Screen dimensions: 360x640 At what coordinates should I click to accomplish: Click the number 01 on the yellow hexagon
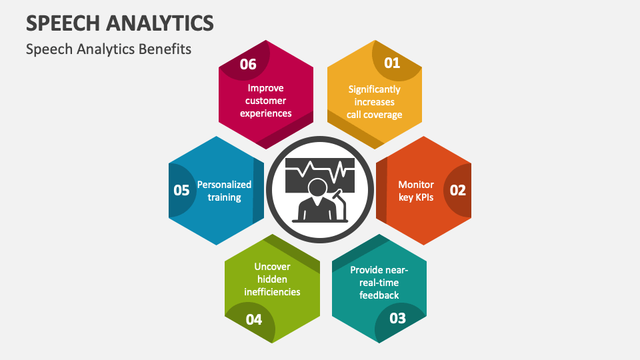(x=391, y=63)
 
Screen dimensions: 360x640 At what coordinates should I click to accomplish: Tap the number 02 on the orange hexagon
(x=458, y=190)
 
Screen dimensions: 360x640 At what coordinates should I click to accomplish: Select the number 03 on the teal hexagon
(x=397, y=317)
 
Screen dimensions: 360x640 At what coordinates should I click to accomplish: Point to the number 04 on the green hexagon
(x=254, y=319)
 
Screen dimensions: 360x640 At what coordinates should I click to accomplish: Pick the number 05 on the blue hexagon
(x=181, y=190)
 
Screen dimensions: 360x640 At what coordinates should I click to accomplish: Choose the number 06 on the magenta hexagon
(x=248, y=64)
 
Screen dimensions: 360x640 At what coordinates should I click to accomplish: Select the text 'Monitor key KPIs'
(x=416, y=191)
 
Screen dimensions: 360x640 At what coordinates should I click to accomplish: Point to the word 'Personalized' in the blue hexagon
(x=224, y=185)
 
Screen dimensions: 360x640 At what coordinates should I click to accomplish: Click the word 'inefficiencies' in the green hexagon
(x=271, y=292)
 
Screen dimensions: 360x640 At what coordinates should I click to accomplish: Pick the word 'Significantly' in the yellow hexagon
(x=374, y=89)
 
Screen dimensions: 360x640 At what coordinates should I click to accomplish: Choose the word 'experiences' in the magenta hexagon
(x=266, y=113)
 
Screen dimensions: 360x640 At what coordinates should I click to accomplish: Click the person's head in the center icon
(x=317, y=188)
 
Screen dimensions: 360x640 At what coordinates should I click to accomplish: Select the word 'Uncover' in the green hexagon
(x=272, y=266)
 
